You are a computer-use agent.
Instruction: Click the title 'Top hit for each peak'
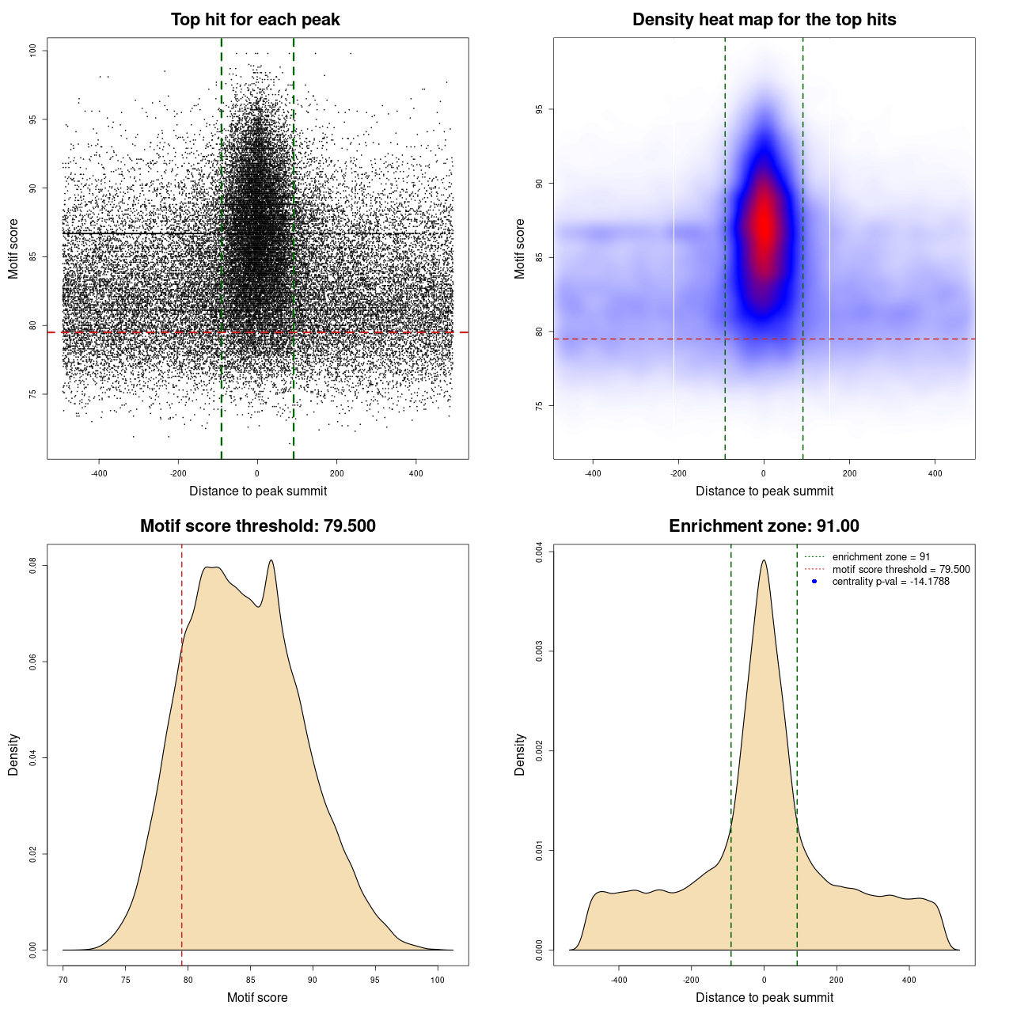point(255,20)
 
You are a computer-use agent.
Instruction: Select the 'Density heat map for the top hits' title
point(764,20)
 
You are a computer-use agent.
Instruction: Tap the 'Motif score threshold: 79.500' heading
point(257,526)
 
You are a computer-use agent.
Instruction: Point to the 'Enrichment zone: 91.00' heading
point(764,526)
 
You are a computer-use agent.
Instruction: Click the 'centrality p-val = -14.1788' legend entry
point(890,582)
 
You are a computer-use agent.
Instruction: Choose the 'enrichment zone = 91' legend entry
point(881,557)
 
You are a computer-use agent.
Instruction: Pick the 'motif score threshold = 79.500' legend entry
point(901,570)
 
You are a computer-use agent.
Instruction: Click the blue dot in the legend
point(814,582)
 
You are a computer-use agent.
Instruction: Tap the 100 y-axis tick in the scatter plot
point(33,51)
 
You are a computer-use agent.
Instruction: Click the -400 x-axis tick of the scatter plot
point(99,473)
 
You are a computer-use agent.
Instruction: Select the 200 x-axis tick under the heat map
point(849,473)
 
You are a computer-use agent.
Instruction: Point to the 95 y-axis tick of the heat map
point(539,109)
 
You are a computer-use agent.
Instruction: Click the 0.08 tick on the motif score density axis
point(33,565)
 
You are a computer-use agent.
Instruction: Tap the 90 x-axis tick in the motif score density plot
point(313,980)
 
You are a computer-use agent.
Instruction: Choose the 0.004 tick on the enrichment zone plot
point(539,552)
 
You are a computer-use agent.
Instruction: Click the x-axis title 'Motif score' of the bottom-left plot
point(257,997)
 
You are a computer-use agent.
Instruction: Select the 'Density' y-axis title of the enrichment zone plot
point(520,754)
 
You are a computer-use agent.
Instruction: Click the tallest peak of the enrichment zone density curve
point(764,561)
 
